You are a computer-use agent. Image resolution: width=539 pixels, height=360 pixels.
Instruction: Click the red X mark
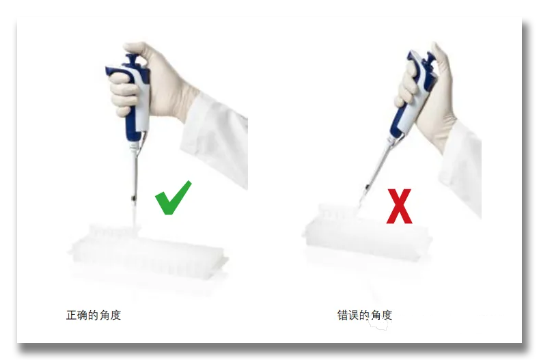pyautogui.click(x=399, y=206)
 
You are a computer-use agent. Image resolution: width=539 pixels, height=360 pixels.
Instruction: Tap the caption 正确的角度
pyautogui.click(x=94, y=315)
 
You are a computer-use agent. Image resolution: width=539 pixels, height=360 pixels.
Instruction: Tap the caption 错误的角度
pyautogui.click(x=365, y=315)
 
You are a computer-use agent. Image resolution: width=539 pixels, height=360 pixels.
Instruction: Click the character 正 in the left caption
pyautogui.click(x=72, y=315)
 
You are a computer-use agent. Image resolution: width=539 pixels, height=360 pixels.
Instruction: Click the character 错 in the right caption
pyautogui.click(x=343, y=315)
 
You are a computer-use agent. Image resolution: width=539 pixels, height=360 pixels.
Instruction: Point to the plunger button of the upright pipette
pyautogui.click(x=132, y=60)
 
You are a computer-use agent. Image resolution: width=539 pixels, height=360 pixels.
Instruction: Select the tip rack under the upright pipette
pyautogui.click(x=148, y=254)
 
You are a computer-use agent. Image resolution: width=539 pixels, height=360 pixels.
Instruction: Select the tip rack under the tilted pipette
pyautogui.click(x=366, y=234)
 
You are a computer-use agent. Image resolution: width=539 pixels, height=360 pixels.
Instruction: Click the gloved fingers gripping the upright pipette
pyautogui.click(x=124, y=93)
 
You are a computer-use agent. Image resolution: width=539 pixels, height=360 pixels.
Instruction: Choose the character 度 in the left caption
pyautogui.click(x=115, y=315)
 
